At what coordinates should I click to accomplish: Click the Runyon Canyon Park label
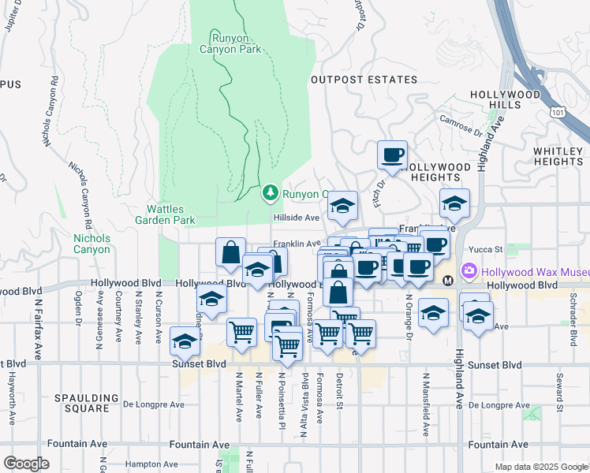(236, 43)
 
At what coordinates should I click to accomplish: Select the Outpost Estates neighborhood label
(364, 80)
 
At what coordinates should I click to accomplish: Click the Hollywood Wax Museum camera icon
(470, 271)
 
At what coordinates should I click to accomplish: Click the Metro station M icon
(448, 280)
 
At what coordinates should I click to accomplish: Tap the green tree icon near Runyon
(271, 192)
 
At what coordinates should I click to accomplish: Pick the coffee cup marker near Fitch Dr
(392, 155)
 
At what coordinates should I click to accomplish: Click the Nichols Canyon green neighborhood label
(91, 244)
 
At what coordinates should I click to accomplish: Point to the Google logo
(26, 464)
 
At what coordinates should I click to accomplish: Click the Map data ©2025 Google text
(540, 467)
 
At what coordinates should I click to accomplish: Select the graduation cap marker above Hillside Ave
(342, 206)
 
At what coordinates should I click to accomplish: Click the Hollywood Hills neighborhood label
(506, 99)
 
